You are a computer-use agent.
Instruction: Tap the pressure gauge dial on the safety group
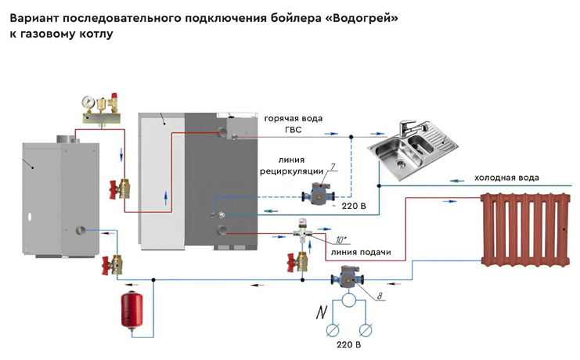[88, 102]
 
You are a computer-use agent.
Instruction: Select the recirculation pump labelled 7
[319, 193]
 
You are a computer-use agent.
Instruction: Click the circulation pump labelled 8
[348, 277]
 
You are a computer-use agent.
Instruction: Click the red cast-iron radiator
[525, 229]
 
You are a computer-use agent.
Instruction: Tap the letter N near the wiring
[321, 312]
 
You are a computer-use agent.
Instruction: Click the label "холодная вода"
[506, 178]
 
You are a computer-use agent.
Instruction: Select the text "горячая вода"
[293, 119]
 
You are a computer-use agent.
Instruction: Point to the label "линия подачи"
[361, 252]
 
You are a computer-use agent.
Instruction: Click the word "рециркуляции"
[291, 171]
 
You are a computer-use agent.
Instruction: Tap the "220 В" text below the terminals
[348, 345]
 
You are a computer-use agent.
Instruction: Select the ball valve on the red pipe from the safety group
[120, 189]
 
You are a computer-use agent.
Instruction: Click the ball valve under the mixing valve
[297, 262]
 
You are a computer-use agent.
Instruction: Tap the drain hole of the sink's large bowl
[400, 162]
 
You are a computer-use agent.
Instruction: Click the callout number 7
[332, 167]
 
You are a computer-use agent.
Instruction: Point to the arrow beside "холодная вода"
[457, 181]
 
